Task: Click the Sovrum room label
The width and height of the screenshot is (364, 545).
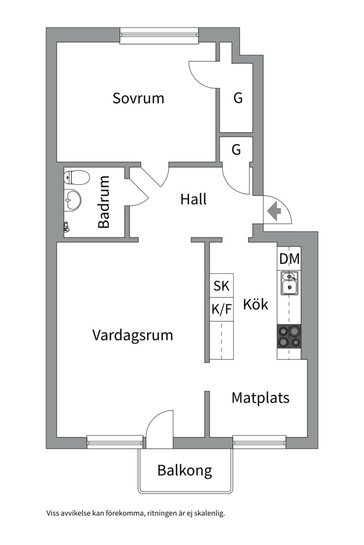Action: pos(138,98)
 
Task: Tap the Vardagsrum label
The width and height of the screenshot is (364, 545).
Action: pos(132,335)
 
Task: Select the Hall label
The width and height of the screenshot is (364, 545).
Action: pos(193,200)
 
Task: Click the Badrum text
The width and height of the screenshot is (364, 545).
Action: pos(104,202)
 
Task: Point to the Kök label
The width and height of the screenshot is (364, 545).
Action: pos(255,305)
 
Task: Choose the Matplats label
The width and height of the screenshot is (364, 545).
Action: pos(260,398)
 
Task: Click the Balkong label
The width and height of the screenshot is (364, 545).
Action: pos(185,471)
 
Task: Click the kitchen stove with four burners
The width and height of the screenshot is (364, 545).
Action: pos(289,336)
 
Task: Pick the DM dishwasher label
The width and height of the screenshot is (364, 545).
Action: pos(289,259)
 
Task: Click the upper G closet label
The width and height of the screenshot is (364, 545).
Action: pos(238,98)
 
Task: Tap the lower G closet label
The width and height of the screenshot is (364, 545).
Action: pos(236,150)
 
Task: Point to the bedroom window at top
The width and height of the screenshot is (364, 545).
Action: pos(159,35)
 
